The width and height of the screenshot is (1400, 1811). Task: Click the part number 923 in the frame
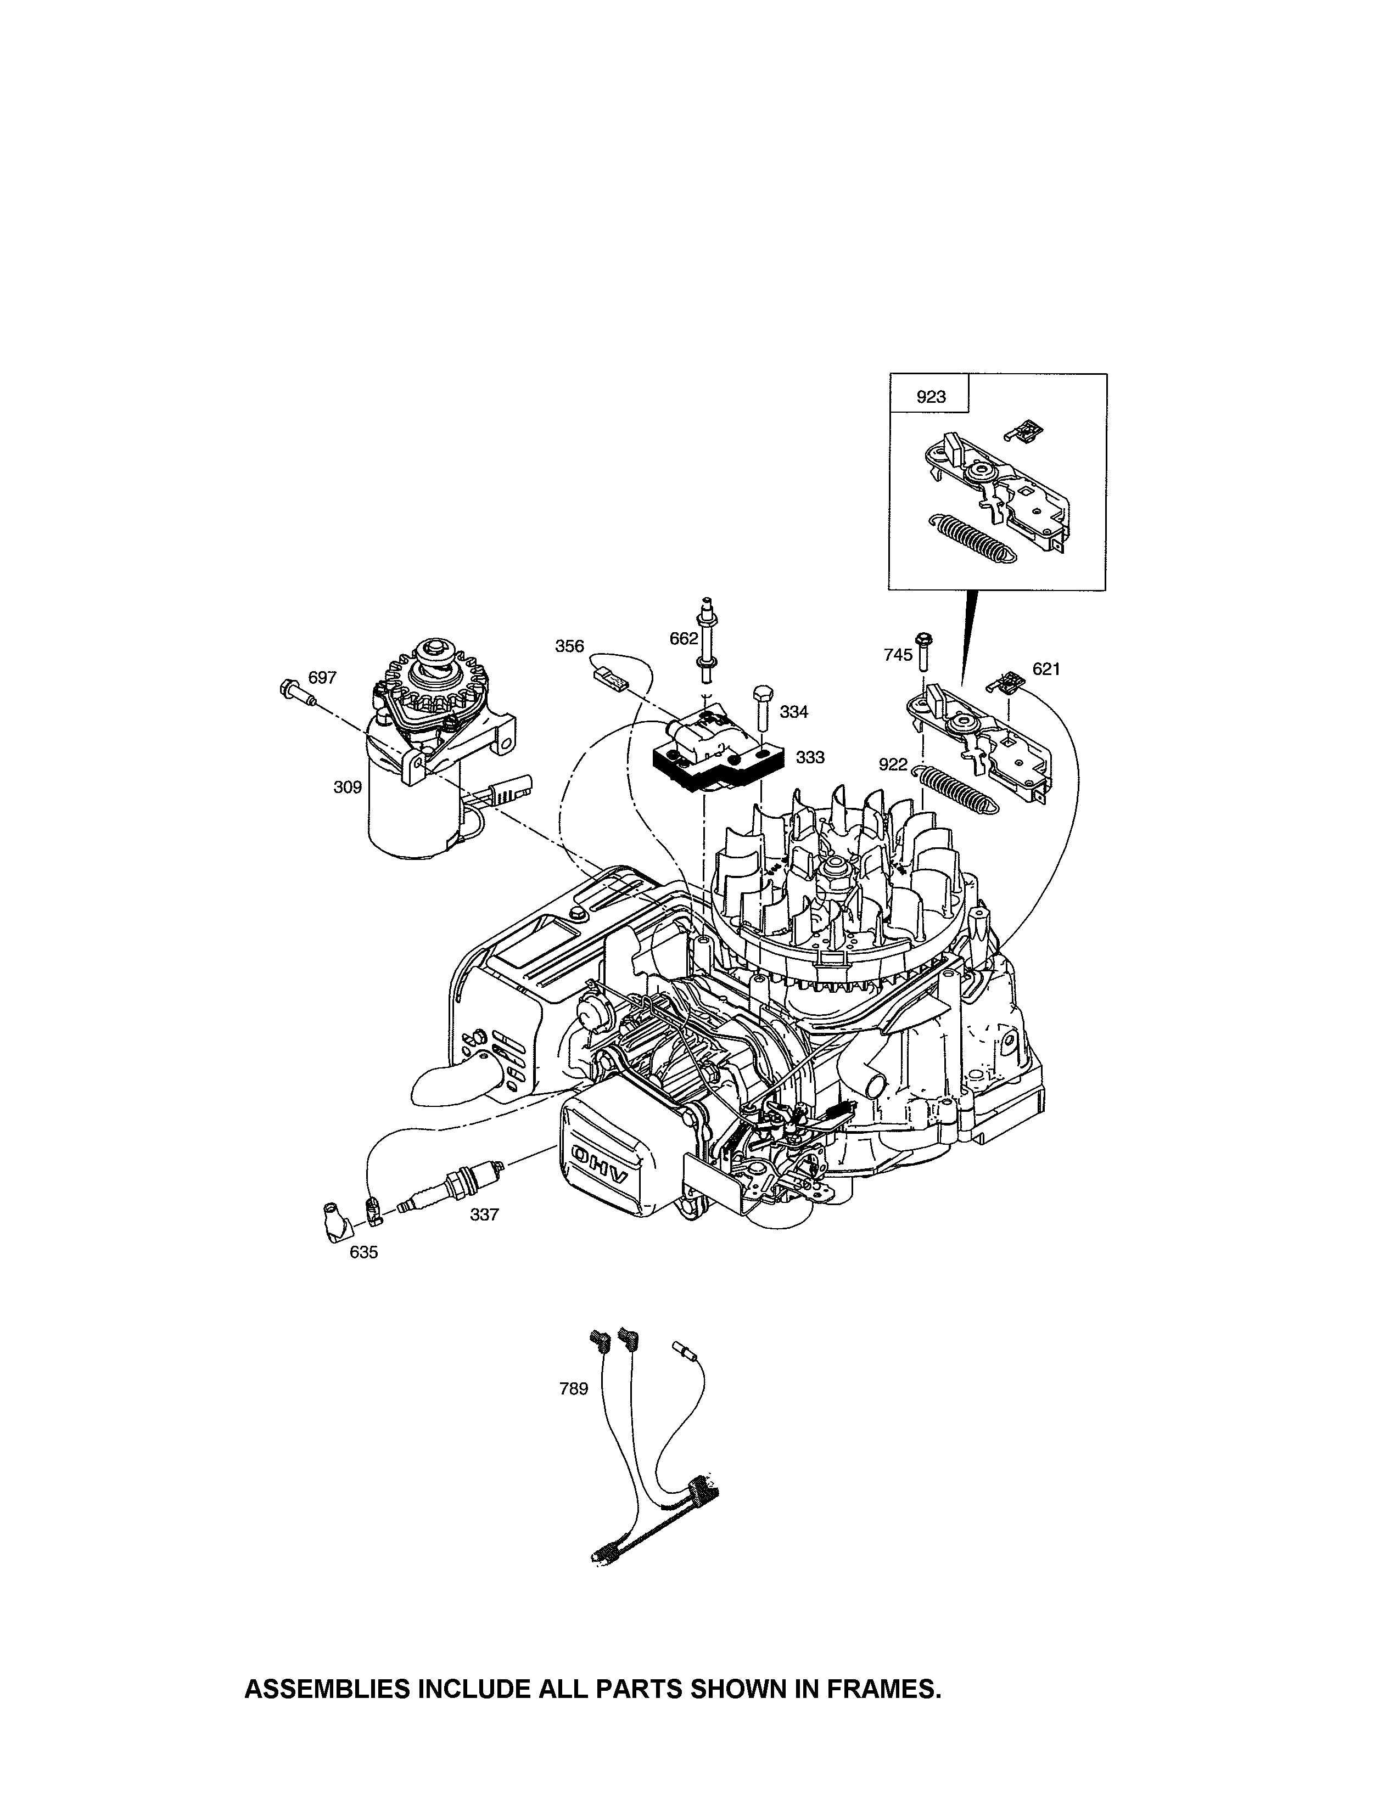pyautogui.click(x=931, y=397)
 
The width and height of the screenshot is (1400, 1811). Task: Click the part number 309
pyautogui.click(x=348, y=787)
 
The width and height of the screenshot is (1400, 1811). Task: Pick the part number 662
pyautogui.click(x=684, y=638)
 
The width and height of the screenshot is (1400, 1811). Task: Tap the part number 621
pyautogui.click(x=1046, y=668)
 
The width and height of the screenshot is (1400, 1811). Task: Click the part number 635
pyautogui.click(x=363, y=1252)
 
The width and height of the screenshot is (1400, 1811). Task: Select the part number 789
pyautogui.click(x=573, y=1388)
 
